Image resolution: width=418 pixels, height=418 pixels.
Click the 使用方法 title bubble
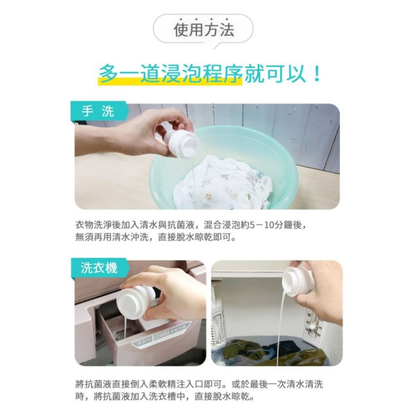[203, 29]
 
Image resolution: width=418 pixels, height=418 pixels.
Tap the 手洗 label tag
[97, 112]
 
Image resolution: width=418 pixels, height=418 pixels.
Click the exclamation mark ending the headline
[317, 72]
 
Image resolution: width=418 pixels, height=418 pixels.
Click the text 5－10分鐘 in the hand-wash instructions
[266, 224]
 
